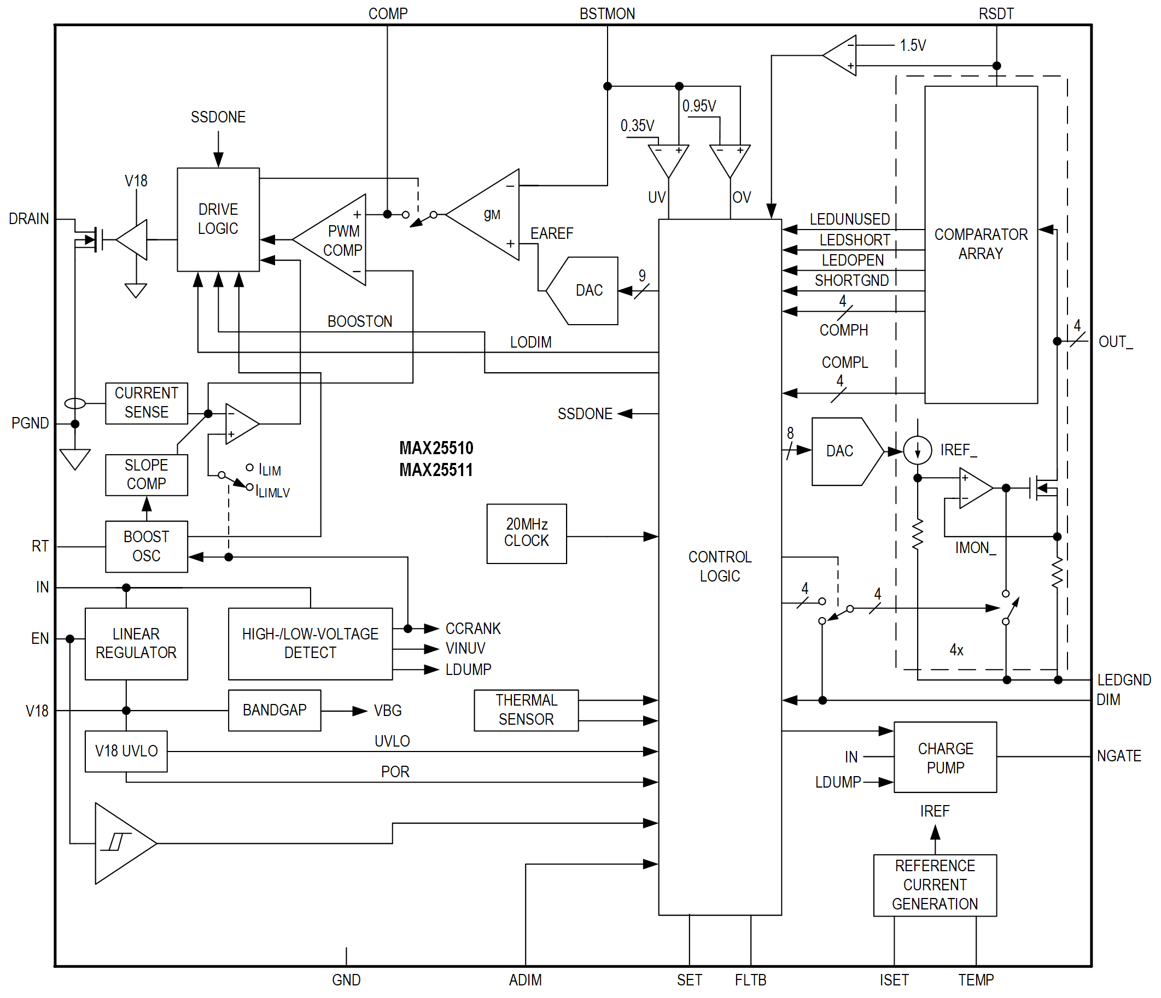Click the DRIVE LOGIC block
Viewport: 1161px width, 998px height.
click(218, 219)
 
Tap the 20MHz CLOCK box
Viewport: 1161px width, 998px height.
click(526, 533)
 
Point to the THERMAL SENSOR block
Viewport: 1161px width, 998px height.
click(526, 709)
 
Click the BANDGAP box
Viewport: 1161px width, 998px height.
click(274, 710)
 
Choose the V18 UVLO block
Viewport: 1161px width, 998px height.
click(126, 751)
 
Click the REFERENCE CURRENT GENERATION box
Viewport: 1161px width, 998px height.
click(934, 885)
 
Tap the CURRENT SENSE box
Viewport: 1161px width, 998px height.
click(146, 403)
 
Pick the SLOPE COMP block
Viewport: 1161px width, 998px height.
click(146, 474)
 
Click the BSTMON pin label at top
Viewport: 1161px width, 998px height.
click(607, 14)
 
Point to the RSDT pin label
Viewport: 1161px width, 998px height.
click(996, 14)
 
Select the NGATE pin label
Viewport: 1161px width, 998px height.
click(1118, 756)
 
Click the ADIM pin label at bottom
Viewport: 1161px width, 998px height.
click(525, 980)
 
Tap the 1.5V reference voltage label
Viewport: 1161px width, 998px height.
click(912, 45)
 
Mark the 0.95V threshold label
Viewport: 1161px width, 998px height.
click(699, 106)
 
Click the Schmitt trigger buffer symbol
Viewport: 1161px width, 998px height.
click(120, 843)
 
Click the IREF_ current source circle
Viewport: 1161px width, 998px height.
click(917, 450)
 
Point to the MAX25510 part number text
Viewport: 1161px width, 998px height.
click(436, 448)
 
